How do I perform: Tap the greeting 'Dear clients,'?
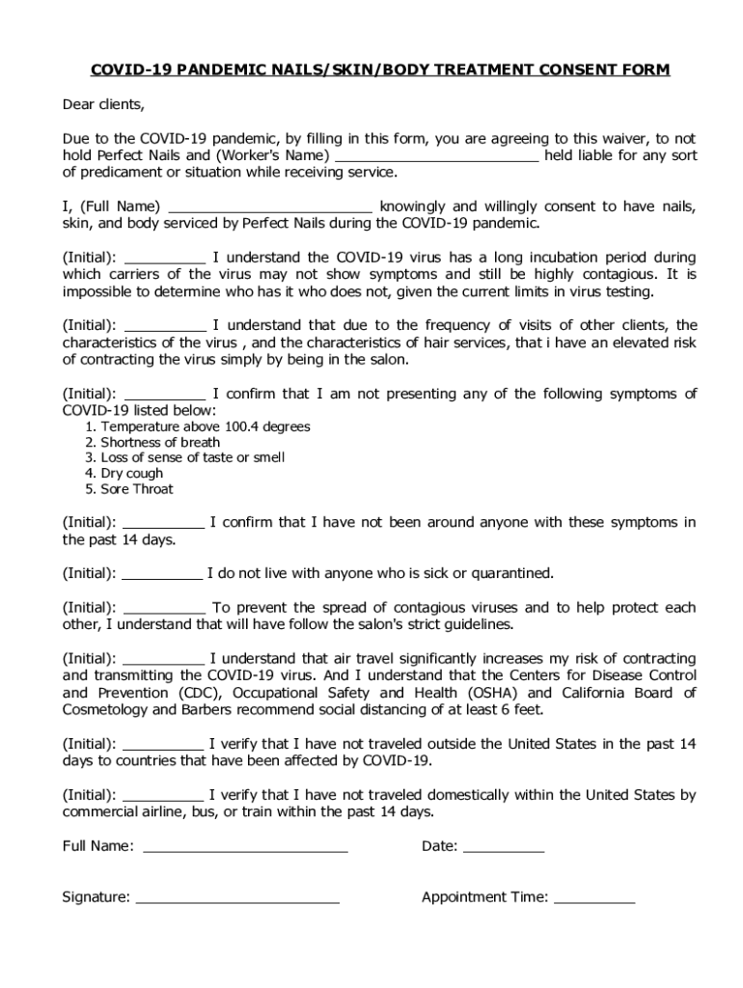(x=103, y=104)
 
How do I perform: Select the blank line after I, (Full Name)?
(x=270, y=206)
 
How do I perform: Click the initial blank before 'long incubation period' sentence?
(x=165, y=258)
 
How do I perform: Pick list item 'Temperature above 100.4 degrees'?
(x=206, y=426)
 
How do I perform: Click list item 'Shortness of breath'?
(x=160, y=442)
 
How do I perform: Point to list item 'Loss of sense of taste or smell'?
(x=192, y=457)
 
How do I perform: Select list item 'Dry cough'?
(x=132, y=474)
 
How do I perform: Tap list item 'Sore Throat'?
(x=137, y=489)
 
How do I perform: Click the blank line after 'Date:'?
(x=504, y=847)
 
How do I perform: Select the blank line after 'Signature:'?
(x=237, y=897)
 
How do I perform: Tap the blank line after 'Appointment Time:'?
(x=594, y=897)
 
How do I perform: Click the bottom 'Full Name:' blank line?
(x=245, y=847)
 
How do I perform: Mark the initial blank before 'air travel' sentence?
(x=164, y=659)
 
